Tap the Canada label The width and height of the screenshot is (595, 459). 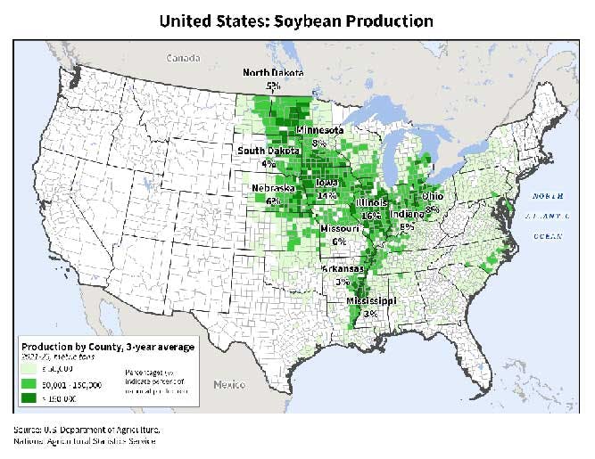point(185,58)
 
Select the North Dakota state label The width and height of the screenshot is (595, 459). point(274,73)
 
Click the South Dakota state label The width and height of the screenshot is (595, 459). point(268,152)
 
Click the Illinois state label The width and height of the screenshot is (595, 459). point(372,202)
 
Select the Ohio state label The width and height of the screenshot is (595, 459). point(433,196)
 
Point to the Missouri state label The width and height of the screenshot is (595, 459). point(339,228)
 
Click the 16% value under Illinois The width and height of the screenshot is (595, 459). point(372,215)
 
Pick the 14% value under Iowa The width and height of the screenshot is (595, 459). point(326,194)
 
